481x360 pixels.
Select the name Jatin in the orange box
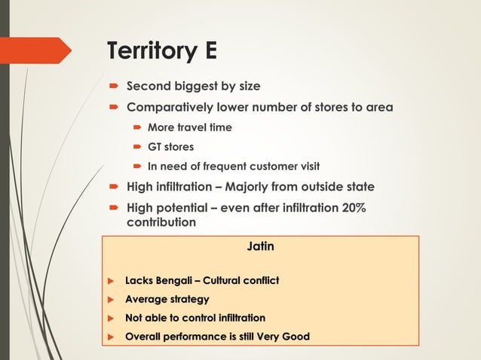pos(260,246)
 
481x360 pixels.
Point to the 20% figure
pos(352,207)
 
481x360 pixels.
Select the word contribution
pos(161,222)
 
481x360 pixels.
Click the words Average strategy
pos(167,300)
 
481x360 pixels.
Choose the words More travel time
pos(189,127)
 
